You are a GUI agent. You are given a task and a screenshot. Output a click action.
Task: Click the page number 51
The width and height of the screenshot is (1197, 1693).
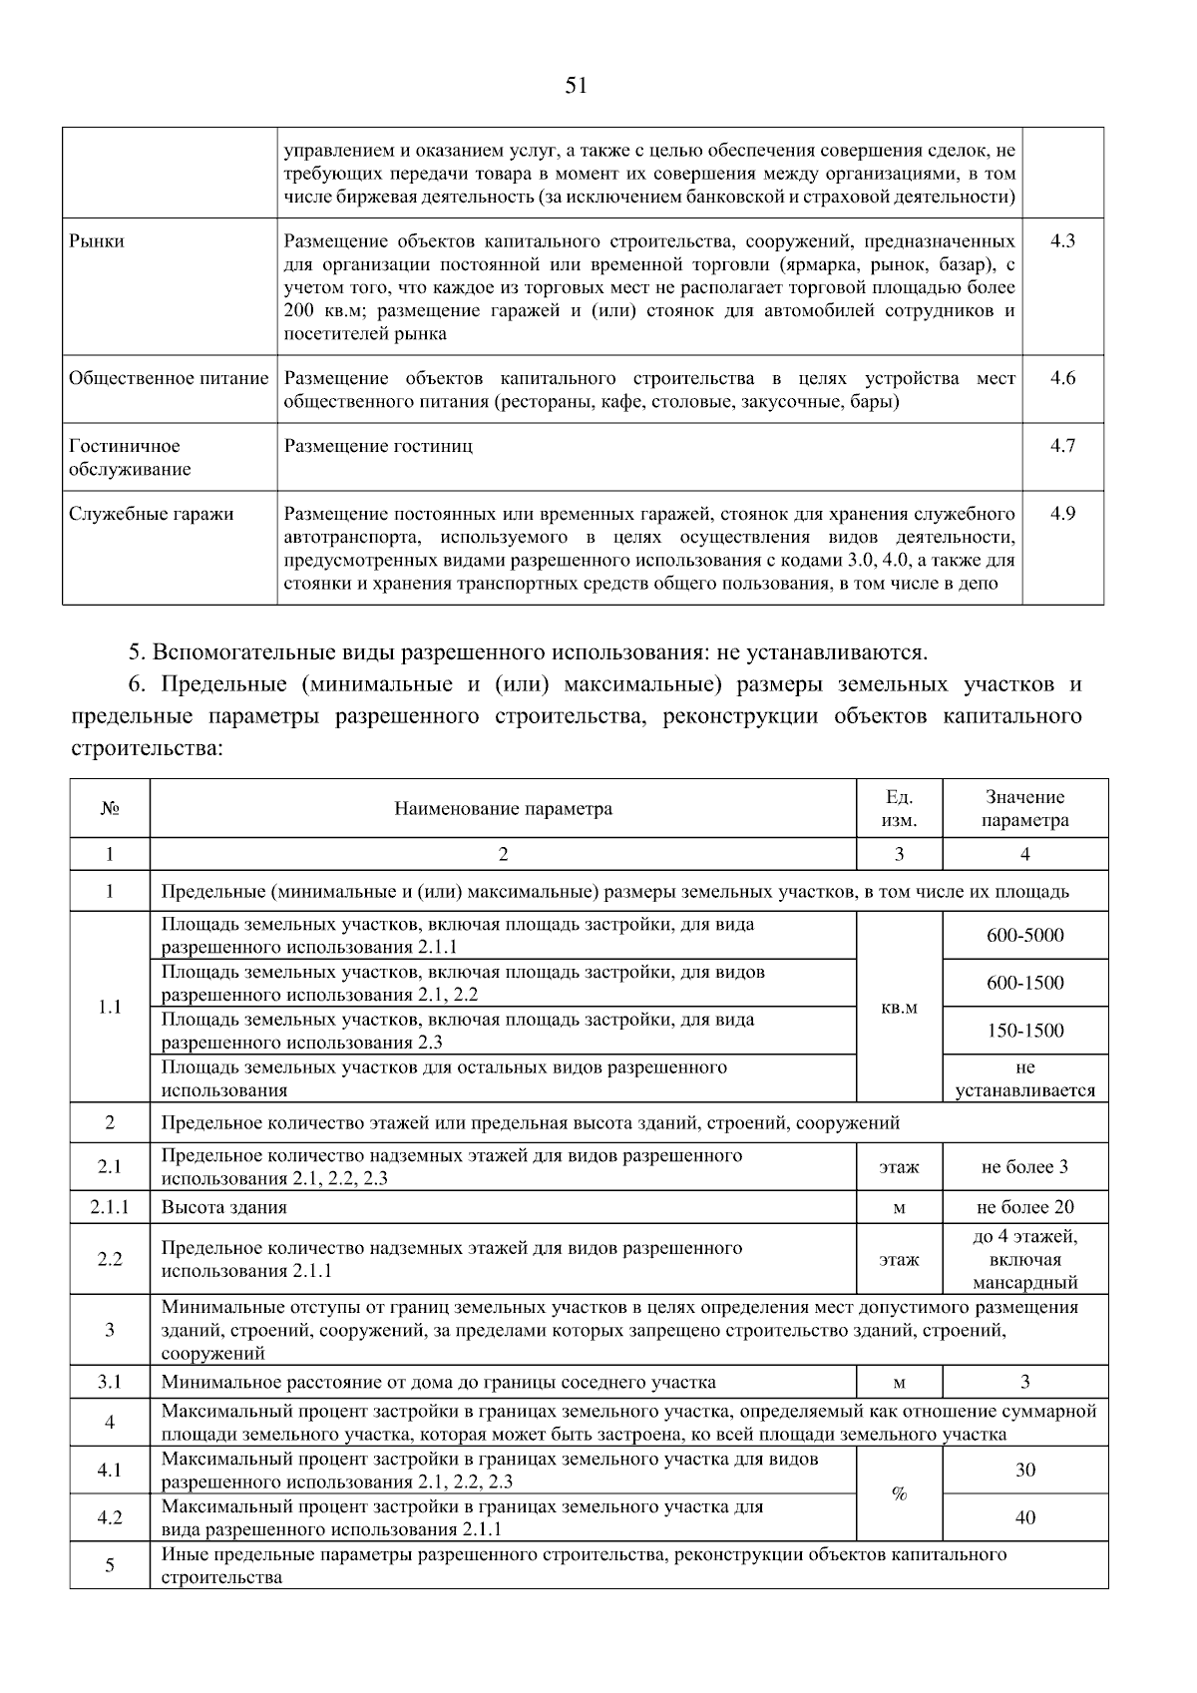tap(576, 86)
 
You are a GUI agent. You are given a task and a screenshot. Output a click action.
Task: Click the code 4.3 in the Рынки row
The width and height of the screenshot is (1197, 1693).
tap(1062, 241)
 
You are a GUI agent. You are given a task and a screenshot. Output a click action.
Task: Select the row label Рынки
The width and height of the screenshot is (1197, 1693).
tap(97, 241)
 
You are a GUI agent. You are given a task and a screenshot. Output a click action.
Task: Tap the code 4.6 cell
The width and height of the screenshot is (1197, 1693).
tap(1062, 379)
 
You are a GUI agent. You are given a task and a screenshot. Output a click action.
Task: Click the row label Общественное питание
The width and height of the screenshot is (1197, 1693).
tap(169, 379)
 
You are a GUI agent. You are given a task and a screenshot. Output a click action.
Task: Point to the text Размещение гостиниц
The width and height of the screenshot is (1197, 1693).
tap(378, 446)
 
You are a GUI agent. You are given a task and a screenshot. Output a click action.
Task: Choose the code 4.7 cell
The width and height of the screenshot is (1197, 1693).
tap(1062, 446)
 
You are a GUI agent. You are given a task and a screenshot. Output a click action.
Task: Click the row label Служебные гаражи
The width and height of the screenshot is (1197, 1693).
tap(151, 514)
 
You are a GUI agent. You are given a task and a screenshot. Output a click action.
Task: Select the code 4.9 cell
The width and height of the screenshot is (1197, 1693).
tap(1062, 514)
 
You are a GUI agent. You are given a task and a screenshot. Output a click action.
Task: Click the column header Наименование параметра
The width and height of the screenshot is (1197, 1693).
tap(503, 808)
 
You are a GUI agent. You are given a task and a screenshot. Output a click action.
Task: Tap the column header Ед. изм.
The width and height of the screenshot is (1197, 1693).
tap(899, 808)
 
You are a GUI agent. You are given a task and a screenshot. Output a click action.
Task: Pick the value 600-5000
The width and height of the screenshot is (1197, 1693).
tap(1024, 935)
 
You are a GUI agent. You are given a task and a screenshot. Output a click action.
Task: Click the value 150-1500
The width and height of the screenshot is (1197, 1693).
tap(1024, 1031)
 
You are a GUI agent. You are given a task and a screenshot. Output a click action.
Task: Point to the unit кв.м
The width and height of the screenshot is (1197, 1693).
tap(899, 1008)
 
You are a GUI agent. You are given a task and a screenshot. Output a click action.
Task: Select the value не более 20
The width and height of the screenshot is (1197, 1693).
tap(1024, 1207)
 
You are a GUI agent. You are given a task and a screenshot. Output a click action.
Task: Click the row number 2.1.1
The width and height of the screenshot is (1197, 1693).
tap(110, 1207)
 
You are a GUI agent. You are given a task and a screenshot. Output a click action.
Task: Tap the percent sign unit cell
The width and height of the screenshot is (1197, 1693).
tap(899, 1493)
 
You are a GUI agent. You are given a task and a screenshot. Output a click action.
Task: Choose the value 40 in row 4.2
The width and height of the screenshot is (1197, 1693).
tap(1024, 1517)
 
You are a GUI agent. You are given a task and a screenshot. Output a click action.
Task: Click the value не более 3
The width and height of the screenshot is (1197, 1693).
tap(1024, 1166)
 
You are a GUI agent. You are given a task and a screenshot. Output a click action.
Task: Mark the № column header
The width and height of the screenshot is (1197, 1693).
tap(110, 808)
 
